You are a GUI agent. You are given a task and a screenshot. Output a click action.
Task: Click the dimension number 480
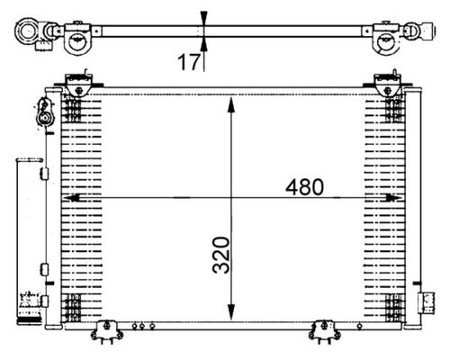305,187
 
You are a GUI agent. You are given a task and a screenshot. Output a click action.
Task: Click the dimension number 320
223,255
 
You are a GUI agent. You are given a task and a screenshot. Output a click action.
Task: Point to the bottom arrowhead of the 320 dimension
232,307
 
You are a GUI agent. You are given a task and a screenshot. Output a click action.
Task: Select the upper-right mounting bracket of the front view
390,83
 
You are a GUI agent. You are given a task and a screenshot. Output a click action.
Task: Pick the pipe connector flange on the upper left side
43,115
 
